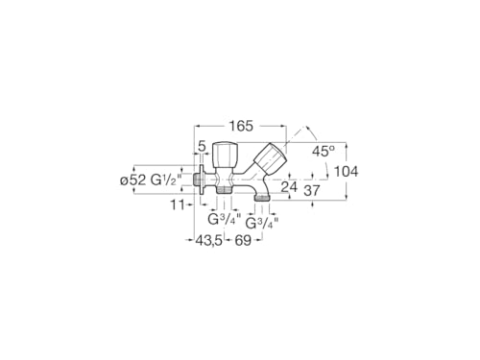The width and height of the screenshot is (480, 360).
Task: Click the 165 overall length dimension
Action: click(241, 126)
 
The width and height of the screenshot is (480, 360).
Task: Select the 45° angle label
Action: click(324, 151)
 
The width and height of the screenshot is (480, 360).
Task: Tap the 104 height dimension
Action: click(347, 172)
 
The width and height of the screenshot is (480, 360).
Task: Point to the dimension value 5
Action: click(202, 147)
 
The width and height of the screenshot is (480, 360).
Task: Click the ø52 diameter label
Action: click(133, 180)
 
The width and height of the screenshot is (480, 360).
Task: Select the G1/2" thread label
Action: click(166, 180)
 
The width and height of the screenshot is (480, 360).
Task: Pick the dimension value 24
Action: click(289, 187)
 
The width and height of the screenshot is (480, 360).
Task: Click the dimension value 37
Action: click(311, 191)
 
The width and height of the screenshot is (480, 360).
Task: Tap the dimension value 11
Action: click(178, 204)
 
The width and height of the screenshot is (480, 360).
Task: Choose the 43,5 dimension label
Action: click(209, 240)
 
